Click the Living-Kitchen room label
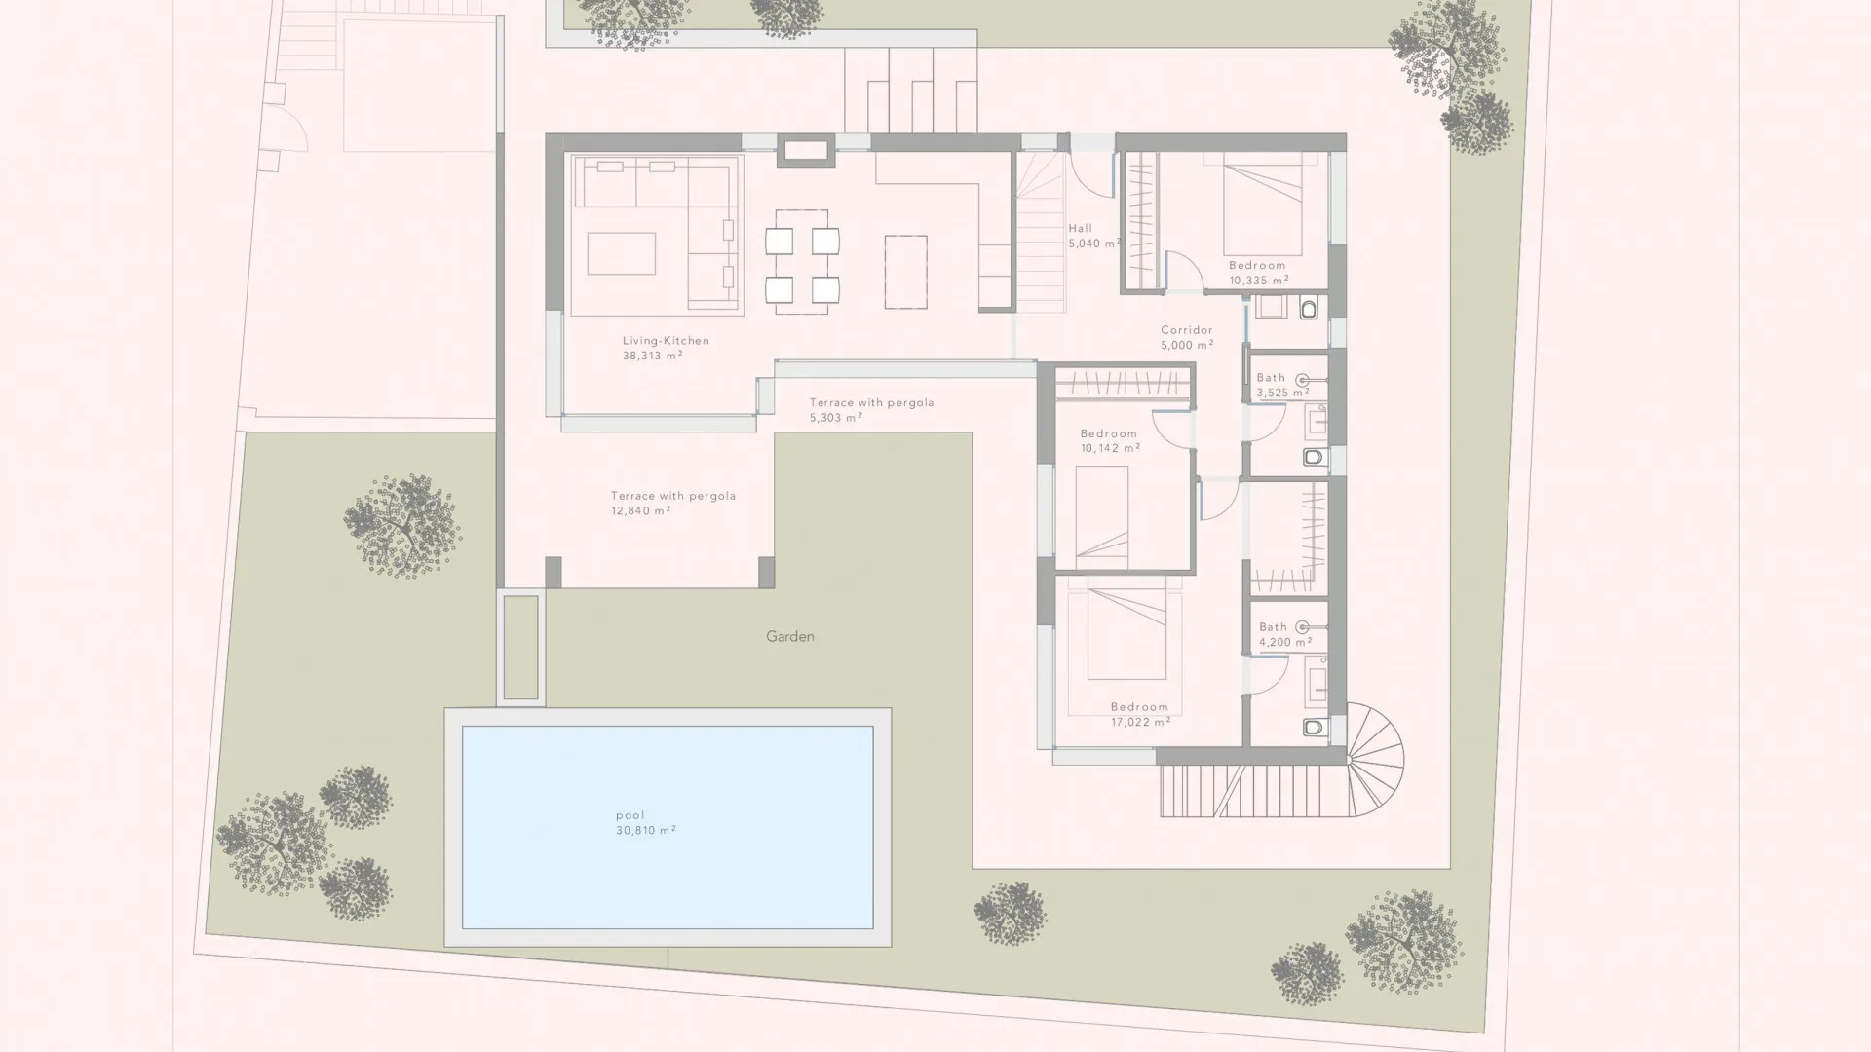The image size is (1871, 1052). (x=666, y=341)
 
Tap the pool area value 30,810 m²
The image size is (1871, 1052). (x=646, y=831)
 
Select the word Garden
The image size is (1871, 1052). (x=789, y=637)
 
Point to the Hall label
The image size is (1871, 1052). (x=1080, y=229)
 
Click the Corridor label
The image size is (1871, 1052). (x=1186, y=330)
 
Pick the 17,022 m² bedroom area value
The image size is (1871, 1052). (x=1140, y=723)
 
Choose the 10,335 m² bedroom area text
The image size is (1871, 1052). (x=1258, y=281)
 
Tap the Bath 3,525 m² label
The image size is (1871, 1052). (x=1271, y=378)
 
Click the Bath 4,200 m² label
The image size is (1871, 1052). (x=1273, y=627)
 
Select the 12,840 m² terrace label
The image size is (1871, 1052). (x=640, y=511)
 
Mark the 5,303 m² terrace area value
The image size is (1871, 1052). (x=835, y=418)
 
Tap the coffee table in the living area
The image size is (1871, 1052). (x=621, y=253)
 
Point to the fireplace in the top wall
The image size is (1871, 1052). (x=805, y=150)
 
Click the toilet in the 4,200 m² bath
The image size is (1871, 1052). (x=1314, y=727)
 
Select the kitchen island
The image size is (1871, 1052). (x=906, y=272)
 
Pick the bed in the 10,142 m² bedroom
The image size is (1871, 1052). (x=1102, y=516)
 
